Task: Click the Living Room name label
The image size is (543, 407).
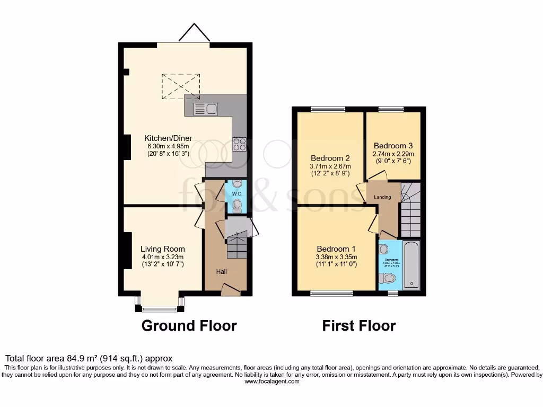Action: pyautogui.click(x=162, y=249)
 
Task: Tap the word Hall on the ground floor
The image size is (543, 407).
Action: pyautogui.click(x=221, y=272)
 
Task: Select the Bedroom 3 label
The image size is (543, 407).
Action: pyautogui.click(x=393, y=146)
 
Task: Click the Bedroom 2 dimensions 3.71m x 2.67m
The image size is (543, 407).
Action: pyautogui.click(x=330, y=166)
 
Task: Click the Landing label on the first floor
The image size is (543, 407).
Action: pyautogui.click(x=382, y=197)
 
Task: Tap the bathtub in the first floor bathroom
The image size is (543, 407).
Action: pyautogui.click(x=411, y=264)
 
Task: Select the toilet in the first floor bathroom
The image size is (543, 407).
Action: pyautogui.click(x=389, y=279)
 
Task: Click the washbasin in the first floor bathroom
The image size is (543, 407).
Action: pyautogui.click(x=384, y=249)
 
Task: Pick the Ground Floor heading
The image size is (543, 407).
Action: pyautogui.click(x=189, y=325)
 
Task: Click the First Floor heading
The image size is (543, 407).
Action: pyautogui.click(x=359, y=325)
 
